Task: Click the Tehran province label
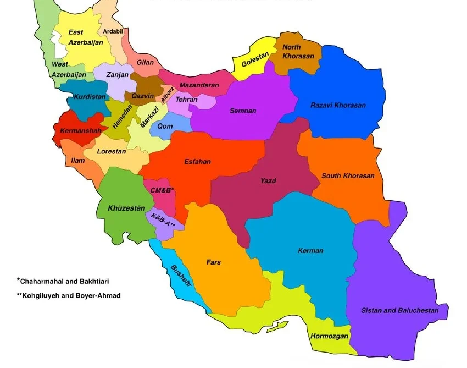(186, 100)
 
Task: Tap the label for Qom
(165, 126)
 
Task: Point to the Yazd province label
(268, 180)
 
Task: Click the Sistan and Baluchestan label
(399, 311)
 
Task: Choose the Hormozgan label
(330, 336)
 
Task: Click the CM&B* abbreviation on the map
(162, 190)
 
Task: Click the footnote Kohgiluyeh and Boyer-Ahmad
(68, 295)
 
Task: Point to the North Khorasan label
(298, 52)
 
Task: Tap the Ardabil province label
(113, 31)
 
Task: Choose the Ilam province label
(78, 161)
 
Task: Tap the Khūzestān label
(126, 208)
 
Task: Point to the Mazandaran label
(199, 85)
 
